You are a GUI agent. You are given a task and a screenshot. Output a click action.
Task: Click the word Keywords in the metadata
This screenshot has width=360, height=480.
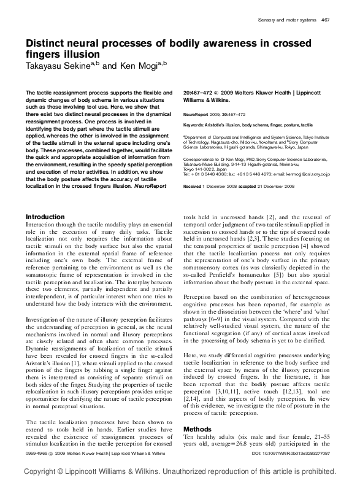point(196,124)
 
